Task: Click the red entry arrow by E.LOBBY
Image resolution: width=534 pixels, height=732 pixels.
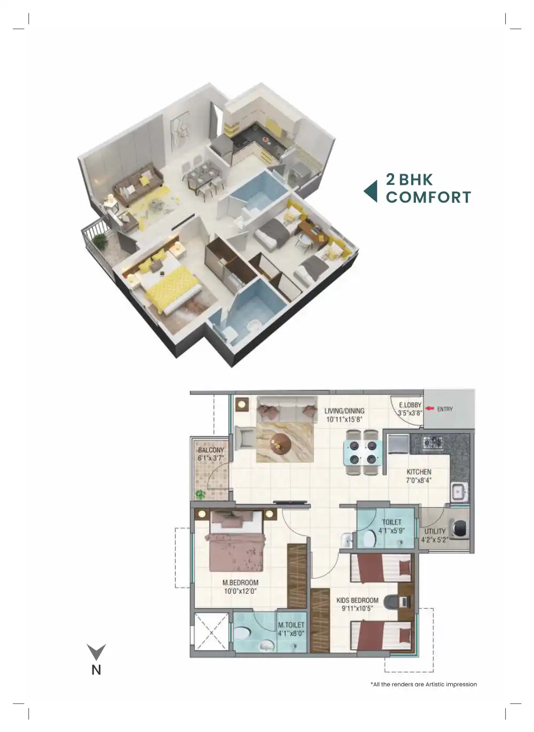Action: [429, 409]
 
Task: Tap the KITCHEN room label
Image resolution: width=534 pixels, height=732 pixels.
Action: [419, 472]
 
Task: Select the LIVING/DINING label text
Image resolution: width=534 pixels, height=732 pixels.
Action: [344, 411]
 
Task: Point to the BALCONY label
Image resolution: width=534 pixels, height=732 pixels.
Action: [211, 450]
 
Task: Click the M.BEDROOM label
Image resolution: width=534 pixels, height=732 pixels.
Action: [240, 582]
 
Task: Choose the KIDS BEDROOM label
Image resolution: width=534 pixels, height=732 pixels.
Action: [357, 600]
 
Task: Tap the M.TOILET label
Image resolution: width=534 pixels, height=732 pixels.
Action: [291, 625]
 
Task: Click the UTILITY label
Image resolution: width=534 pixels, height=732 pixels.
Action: [435, 531]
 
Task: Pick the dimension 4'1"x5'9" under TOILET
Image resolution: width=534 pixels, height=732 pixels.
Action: [391, 531]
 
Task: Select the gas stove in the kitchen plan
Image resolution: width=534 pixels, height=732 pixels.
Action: [433, 442]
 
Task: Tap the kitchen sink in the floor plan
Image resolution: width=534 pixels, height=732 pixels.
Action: [459, 491]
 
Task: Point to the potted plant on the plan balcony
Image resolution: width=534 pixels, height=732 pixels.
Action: [200, 494]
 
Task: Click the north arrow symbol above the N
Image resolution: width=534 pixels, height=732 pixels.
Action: [97, 651]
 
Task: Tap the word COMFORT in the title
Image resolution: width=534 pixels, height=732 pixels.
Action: [428, 197]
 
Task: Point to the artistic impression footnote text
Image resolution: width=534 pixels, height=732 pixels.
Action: [423, 684]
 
